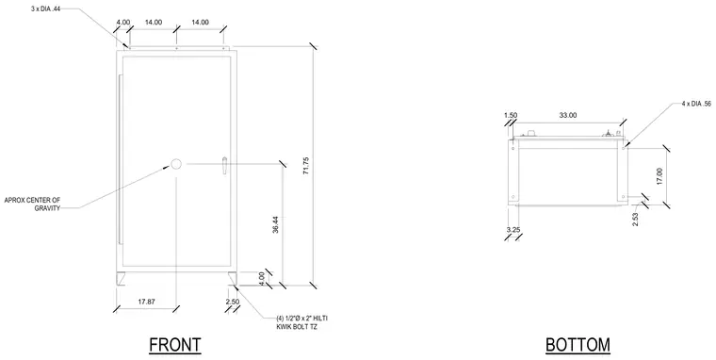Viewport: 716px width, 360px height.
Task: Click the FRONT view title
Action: [175, 345]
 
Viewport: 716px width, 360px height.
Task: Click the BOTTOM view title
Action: [578, 345]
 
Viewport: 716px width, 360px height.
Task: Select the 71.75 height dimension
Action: [305, 166]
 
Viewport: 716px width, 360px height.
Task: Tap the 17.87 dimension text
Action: [146, 302]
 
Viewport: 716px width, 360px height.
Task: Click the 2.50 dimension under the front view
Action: [233, 302]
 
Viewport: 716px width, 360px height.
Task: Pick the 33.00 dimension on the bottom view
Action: [567, 116]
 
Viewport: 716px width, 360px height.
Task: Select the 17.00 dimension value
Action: [659, 176]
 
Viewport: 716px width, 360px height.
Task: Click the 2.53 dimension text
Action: [635, 220]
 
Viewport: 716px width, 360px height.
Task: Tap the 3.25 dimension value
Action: [513, 230]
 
